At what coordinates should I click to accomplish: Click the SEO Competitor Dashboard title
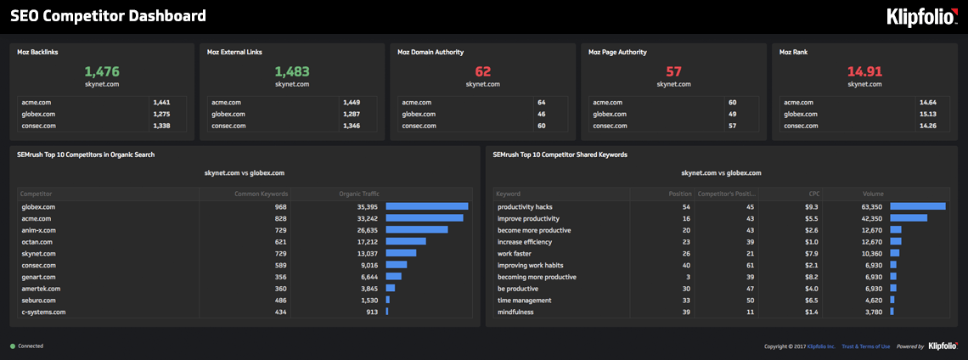click(108, 16)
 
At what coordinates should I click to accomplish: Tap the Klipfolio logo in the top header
click(921, 17)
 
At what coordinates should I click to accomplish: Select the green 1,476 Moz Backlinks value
click(102, 72)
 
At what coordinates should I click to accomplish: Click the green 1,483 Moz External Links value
click(292, 72)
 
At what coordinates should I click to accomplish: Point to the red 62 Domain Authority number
click(482, 72)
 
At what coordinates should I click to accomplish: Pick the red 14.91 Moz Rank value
click(864, 72)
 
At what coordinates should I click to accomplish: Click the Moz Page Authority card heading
click(617, 52)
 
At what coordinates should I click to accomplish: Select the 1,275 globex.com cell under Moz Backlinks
click(161, 114)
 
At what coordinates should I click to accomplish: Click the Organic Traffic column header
click(357, 194)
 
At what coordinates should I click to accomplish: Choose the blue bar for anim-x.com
click(416, 229)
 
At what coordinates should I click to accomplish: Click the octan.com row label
click(37, 242)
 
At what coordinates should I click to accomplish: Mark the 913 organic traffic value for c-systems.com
click(371, 312)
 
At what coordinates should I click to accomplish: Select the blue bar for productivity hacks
click(917, 206)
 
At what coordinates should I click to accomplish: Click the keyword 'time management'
click(524, 301)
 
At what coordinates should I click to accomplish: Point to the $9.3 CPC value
click(812, 206)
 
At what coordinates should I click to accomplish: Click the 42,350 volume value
click(871, 218)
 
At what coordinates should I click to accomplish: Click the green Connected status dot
click(12, 346)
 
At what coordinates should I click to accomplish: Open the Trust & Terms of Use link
click(865, 346)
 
